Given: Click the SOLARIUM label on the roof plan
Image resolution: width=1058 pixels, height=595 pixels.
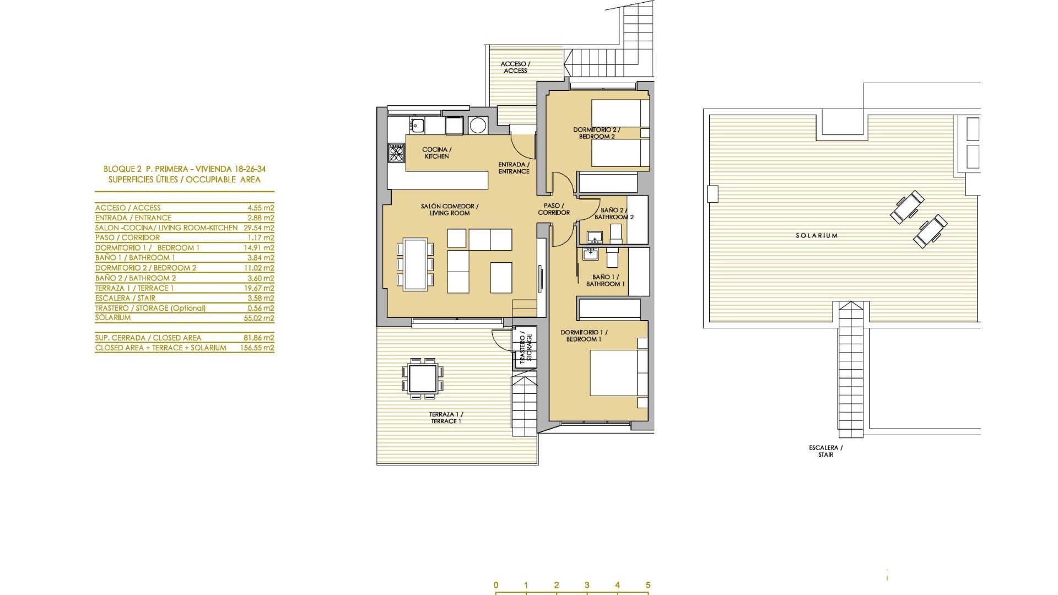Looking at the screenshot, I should point(816,235).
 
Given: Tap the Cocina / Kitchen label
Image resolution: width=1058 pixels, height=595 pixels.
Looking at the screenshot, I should point(436,153).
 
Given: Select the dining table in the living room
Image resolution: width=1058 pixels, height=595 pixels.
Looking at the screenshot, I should point(415,264).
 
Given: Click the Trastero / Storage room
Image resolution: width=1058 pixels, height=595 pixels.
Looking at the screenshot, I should point(525,347).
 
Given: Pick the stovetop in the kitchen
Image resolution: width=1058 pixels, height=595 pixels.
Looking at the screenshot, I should point(396,153).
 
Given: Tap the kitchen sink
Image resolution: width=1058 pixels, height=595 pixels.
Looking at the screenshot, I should point(417,126).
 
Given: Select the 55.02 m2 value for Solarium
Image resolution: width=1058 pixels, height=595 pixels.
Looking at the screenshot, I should point(261,318).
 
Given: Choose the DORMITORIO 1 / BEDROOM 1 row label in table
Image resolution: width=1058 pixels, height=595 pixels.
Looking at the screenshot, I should point(147,247).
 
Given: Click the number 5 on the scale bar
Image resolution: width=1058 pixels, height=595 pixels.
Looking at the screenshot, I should point(648,585).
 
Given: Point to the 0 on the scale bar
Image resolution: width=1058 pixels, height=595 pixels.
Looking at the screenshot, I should point(496,585).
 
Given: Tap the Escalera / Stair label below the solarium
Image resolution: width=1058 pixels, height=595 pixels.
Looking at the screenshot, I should point(825,451).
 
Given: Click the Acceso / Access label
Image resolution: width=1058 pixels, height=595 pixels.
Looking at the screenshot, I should point(515,67).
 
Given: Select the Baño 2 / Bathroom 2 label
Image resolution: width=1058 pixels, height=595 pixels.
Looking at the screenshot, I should point(613,213).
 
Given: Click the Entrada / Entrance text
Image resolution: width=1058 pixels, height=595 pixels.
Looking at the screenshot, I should point(514,167).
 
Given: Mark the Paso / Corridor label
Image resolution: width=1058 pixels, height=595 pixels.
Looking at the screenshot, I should point(553,209).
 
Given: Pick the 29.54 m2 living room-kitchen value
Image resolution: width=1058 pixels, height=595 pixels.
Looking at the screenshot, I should point(261,228).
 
